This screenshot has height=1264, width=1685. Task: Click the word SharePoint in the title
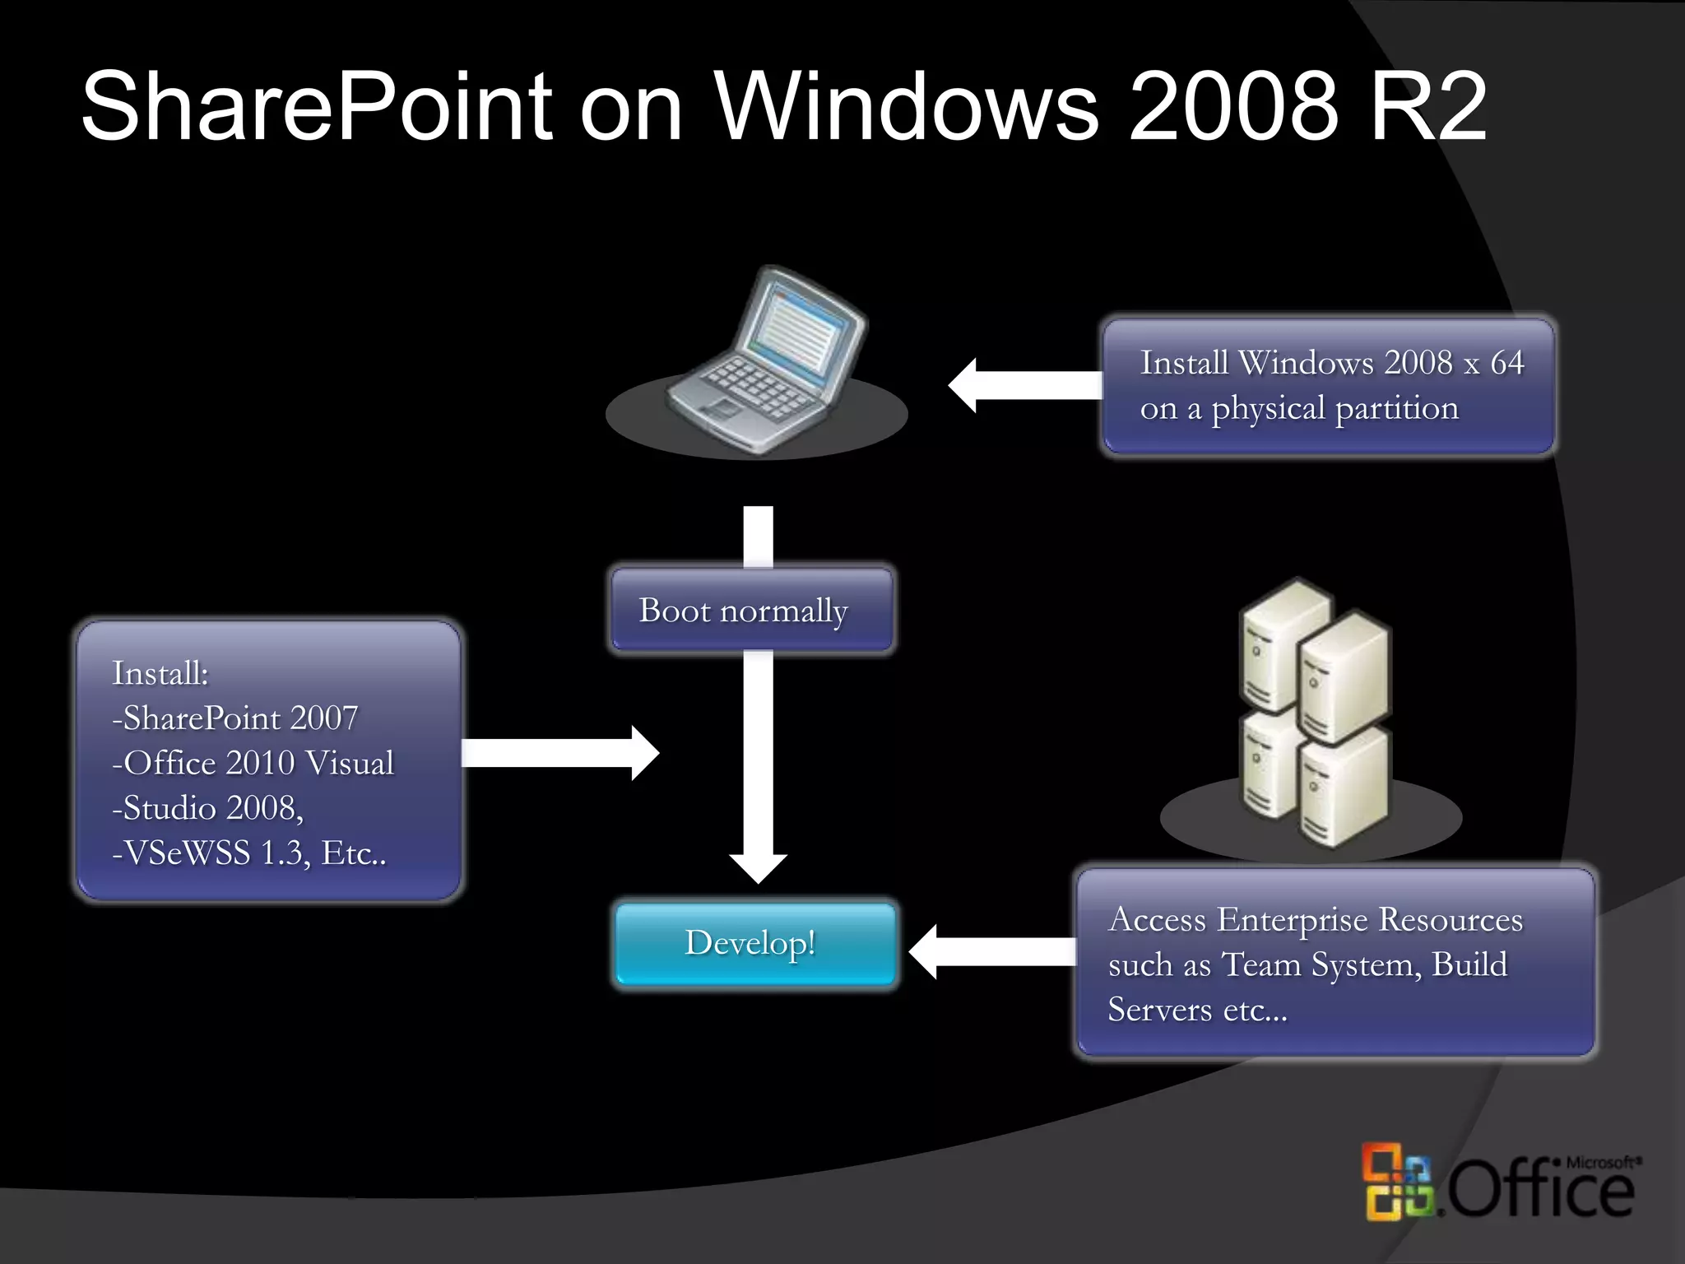(318, 107)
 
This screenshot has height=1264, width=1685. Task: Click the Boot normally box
(750, 611)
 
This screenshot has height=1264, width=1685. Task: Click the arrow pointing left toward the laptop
(1024, 385)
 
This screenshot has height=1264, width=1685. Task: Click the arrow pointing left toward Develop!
(991, 952)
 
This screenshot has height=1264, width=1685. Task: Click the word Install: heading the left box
(160, 673)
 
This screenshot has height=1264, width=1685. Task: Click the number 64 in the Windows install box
(1506, 363)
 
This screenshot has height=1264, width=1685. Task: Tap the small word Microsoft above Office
(1600, 1162)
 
